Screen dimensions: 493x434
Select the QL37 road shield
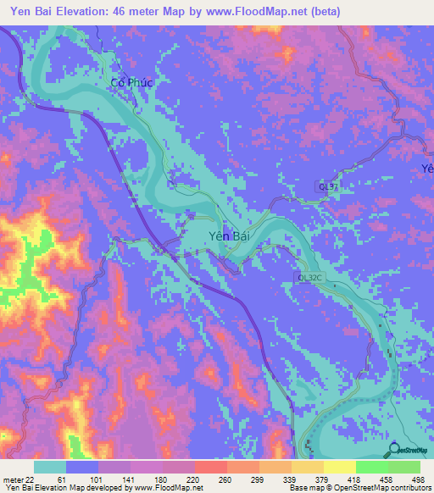(328, 186)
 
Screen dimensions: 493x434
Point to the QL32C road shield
(309, 277)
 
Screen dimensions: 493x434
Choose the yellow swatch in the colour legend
(339, 466)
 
